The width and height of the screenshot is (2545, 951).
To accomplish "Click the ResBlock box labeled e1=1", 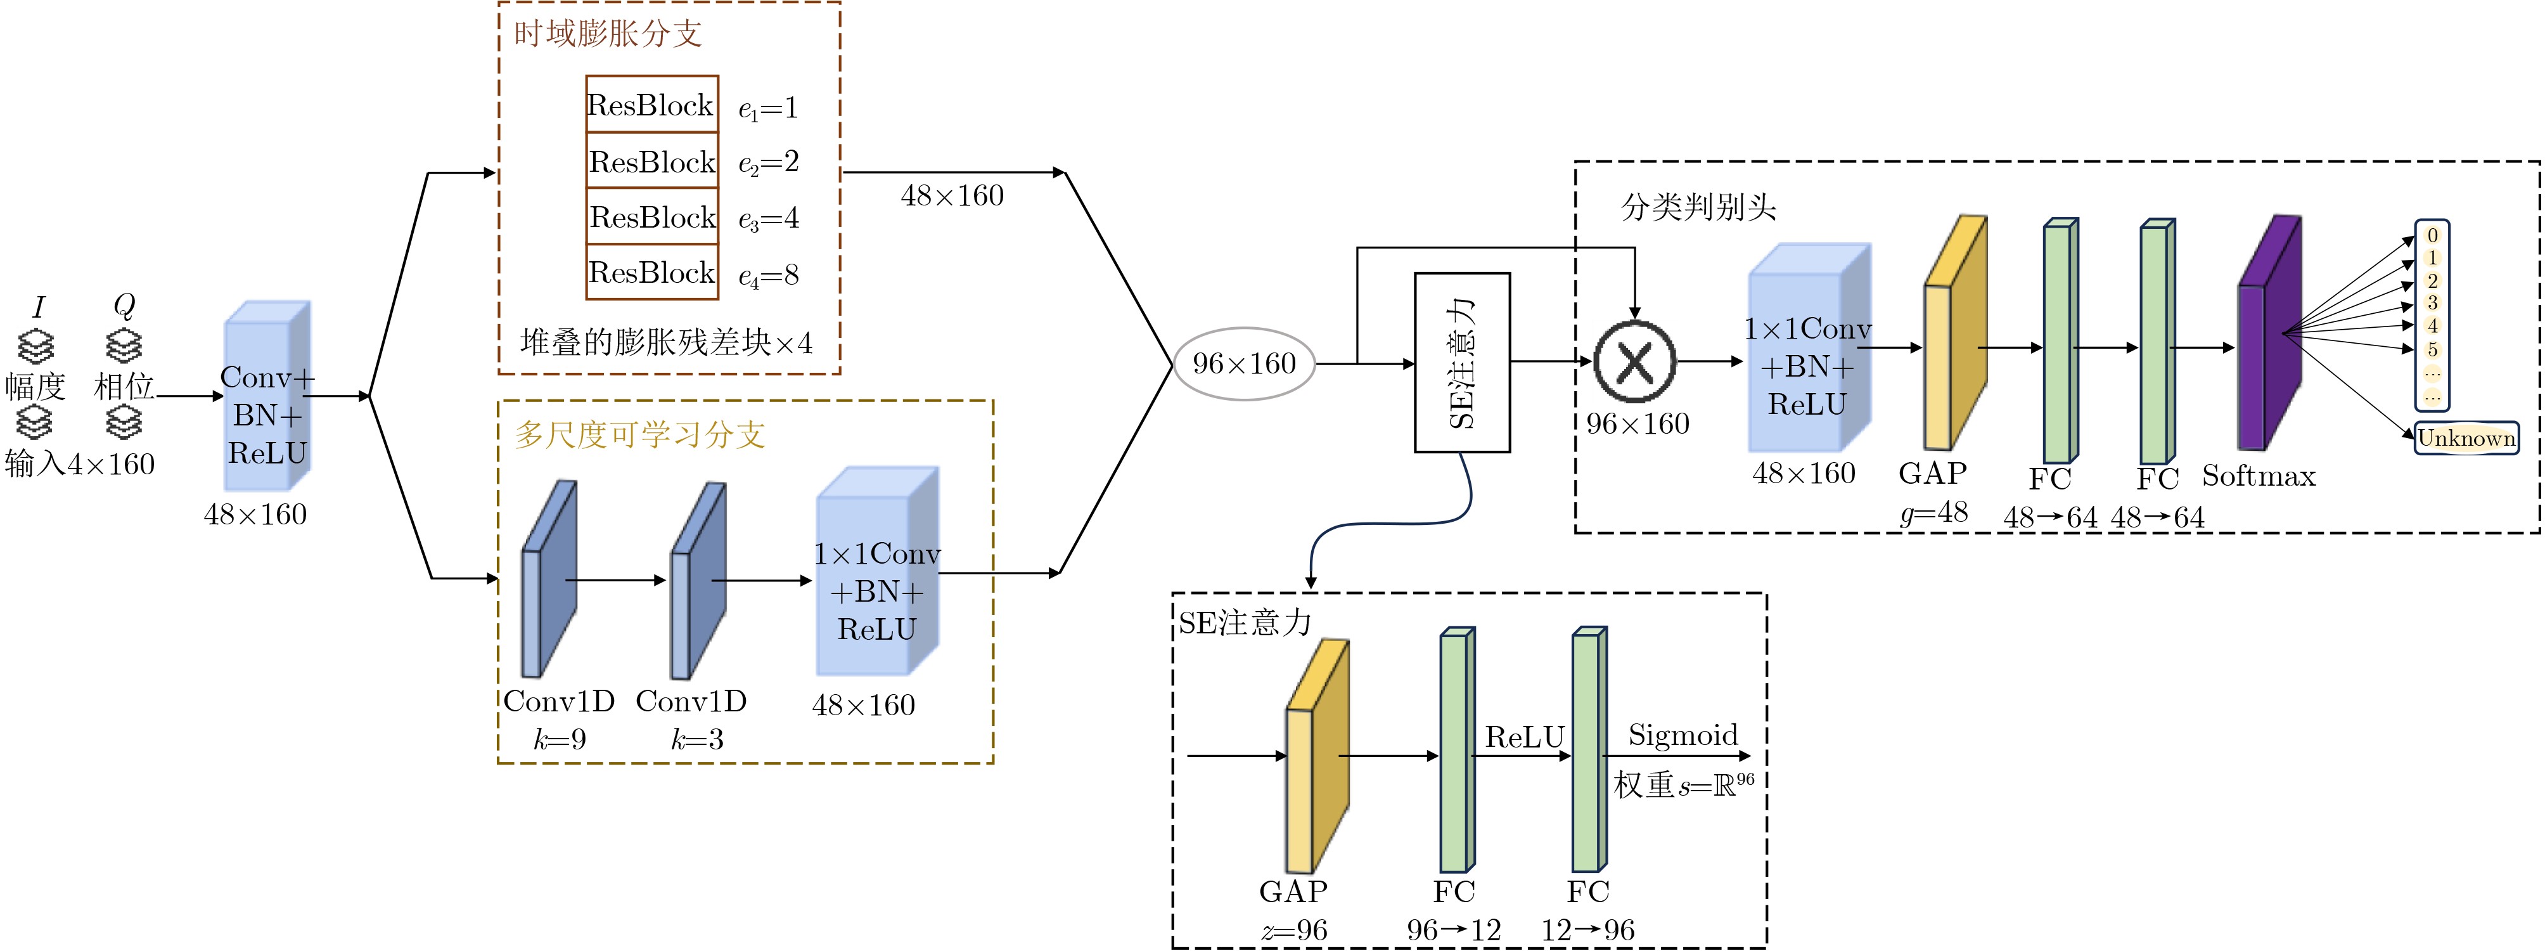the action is (652, 104).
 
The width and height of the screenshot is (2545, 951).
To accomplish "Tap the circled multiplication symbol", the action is (1635, 362).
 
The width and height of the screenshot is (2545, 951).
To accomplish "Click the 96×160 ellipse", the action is (1244, 364).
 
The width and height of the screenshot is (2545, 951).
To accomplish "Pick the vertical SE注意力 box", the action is (1462, 362).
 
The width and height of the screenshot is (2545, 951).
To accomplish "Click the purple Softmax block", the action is (2268, 332).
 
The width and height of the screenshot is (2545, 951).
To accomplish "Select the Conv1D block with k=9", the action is (548, 579).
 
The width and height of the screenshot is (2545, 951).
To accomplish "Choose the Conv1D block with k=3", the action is (698, 580).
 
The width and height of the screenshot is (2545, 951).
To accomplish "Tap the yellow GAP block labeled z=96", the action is (1316, 756).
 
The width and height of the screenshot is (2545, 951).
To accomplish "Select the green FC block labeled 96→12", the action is (1456, 749).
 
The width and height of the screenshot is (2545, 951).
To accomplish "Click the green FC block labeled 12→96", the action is (1589, 749).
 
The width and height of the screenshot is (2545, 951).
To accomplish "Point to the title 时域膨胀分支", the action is (608, 34).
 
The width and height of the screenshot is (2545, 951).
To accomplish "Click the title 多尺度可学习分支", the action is (639, 434).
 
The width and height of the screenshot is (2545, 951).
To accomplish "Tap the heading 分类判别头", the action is (1698, 207).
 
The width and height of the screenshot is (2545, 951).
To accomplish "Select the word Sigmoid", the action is (1683, 735).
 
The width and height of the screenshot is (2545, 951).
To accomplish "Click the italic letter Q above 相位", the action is (124, 306).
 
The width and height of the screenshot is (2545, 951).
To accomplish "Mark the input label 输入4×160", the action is (80, 463).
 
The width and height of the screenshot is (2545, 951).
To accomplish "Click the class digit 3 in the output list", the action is (2432, 302).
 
